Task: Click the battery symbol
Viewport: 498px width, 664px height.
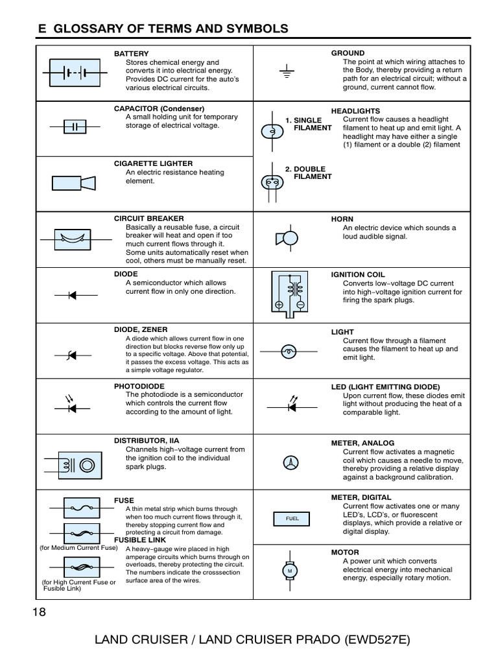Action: point(74,73)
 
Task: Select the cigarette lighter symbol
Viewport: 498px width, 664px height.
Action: point(74,184)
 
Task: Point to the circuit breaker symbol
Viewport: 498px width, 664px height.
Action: point(73,239)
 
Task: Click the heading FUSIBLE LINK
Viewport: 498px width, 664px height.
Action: point(140,539)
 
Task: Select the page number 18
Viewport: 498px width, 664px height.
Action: point(39,613)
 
